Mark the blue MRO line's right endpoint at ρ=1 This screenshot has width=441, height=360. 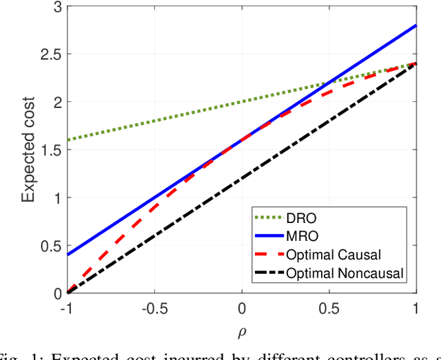tap(416, 25)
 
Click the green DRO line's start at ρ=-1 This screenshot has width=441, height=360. tap(67, 140)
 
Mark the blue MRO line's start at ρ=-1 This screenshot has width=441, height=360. tap(67, 255)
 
